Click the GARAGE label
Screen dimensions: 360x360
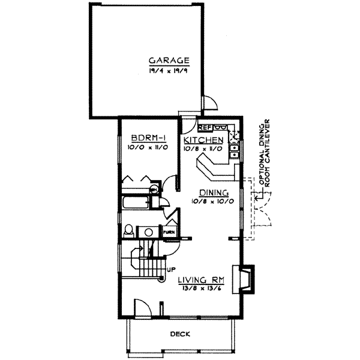coord(170,60)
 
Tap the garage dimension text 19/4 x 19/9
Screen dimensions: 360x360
coord(170,69)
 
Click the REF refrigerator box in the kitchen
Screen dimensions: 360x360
coord(205,127)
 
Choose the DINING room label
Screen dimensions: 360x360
coord(214,193)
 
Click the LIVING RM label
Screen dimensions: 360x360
coord(201,280)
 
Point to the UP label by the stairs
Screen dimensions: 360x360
coord(170,269)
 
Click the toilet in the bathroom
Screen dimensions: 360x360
coord(128,230)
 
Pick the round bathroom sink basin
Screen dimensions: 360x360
coord(148,231)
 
